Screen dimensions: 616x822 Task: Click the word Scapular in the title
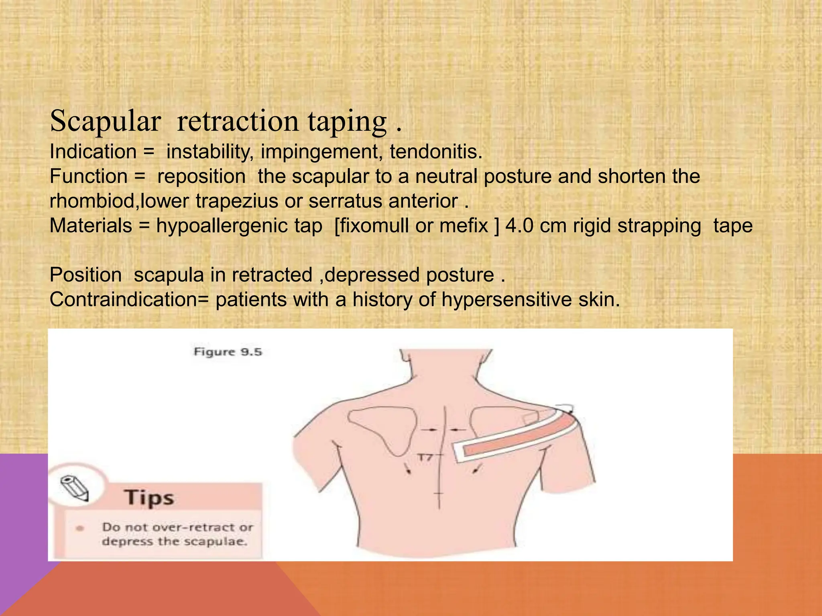pos(105,121)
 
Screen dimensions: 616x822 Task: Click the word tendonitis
pos(436,152)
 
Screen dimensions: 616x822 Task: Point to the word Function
pos(89,176)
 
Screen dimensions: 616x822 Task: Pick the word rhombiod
pos(94,201)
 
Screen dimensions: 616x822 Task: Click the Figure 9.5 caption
pos(228,352)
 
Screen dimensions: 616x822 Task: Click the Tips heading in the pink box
pos(149,498)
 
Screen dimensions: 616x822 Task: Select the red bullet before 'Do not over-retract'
pos(80,528)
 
